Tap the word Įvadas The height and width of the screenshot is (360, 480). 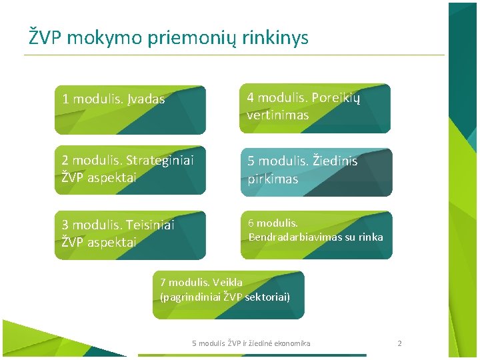point(145,99)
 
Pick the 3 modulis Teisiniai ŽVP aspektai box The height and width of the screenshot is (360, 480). point(130,235)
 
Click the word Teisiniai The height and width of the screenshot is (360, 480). point(147,225)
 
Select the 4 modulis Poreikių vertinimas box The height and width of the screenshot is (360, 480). point(315,108)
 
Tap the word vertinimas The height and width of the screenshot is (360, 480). point(277,115)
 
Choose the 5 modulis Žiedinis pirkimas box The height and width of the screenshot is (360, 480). point(316,172)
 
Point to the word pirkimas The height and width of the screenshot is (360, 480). point(273,179)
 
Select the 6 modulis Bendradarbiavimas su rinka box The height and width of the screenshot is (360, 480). point(316,235)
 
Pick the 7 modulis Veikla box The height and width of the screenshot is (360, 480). point(228,294)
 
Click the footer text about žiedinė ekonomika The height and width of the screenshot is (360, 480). point(251,343)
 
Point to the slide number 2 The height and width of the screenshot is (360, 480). point(399,343)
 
